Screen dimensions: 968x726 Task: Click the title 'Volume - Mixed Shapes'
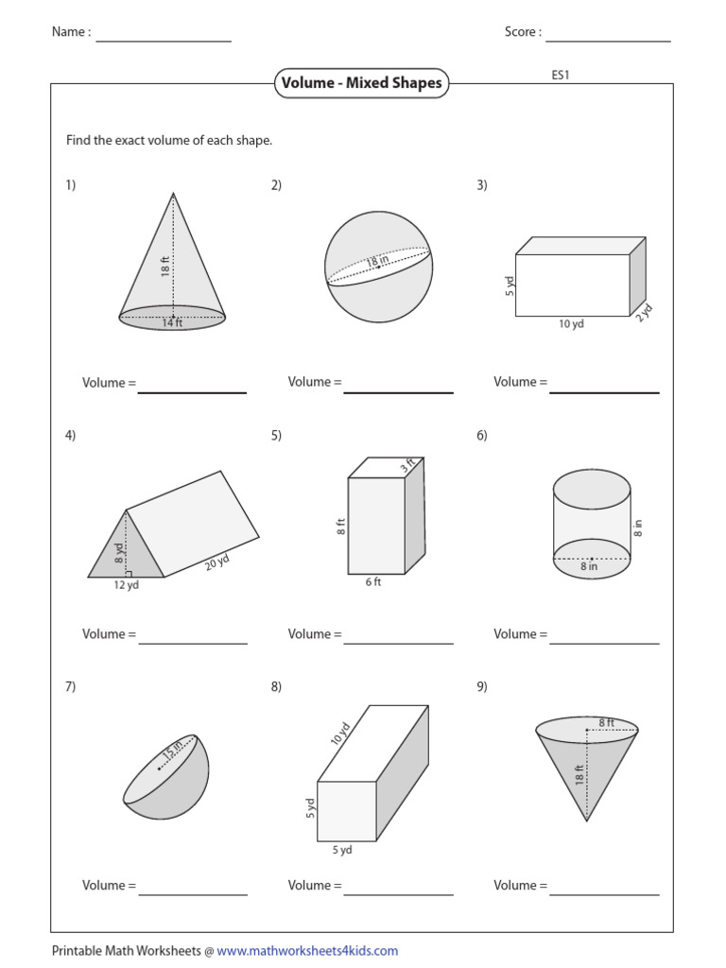pos(361,83)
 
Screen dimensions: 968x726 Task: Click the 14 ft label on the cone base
pos(172,322)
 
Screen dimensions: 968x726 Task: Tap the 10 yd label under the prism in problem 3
pos(570,324)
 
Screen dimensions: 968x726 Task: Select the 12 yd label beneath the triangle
pos(126,585)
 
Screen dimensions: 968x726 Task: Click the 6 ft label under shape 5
pos(372,582)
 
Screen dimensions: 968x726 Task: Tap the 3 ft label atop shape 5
pos(406,466)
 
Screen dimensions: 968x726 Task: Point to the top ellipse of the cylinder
pos(591,488)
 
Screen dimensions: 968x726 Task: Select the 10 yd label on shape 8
pos(340,735)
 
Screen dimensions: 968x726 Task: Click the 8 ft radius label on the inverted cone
pos(605,723)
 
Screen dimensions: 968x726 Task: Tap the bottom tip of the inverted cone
pos(587,821)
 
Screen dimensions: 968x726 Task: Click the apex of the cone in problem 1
pos(173,194)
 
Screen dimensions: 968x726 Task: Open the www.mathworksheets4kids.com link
pos(307,951)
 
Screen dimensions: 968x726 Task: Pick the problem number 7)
pos(70,687)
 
